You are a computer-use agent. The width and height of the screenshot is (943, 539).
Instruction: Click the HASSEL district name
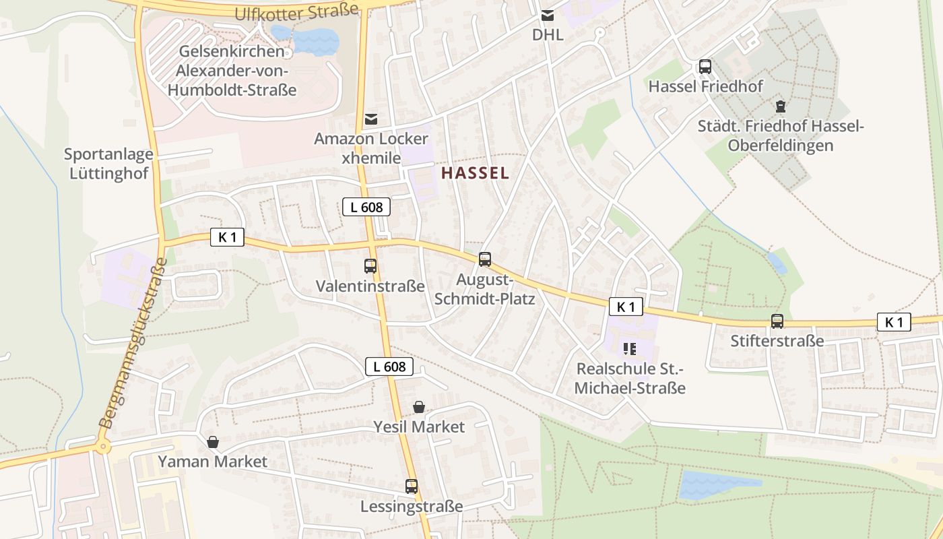(x=475, y=173)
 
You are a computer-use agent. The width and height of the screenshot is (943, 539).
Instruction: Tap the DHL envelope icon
(x=548, y=15)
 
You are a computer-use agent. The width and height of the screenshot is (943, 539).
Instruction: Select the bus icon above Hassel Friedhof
(x=705, y=67)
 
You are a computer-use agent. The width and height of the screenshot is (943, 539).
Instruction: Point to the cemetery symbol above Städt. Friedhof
(x=781, y=106)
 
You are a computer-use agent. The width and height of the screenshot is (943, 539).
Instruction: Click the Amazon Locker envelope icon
(x=370, y=119)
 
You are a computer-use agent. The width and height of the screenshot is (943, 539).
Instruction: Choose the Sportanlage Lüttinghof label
(x=108, y=163)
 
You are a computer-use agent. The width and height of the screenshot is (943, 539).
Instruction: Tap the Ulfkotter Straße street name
(x=296, y=11)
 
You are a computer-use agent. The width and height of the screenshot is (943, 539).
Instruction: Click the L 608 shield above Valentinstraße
(x=366, y=207)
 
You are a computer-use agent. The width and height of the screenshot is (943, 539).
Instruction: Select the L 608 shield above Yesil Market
(x=389, y=367)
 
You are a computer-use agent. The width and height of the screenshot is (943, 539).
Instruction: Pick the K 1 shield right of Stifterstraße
(x=894, y=322)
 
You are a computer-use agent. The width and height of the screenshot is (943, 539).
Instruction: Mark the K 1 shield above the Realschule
(x=626, y=307)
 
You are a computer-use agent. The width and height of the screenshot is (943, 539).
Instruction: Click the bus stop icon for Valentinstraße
(x=370, y=265)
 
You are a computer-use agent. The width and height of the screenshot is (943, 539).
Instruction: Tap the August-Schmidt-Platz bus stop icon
(x=485, y=259)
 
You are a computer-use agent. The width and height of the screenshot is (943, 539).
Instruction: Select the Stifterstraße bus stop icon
(x=777, y=321)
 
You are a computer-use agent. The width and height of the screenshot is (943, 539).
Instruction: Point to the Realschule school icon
(x=630, y=348)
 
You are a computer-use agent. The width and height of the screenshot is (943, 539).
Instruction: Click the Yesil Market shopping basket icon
(x=419, y=407)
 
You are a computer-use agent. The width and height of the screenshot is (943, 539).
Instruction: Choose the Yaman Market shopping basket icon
(x=213, y=442)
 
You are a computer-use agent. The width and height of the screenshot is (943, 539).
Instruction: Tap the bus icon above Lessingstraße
(x=412, y=486)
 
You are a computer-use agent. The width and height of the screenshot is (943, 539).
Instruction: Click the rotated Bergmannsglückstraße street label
(x=133, y=344)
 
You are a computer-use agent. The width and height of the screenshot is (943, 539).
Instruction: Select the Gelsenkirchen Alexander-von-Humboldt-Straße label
(x=236, y=71)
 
